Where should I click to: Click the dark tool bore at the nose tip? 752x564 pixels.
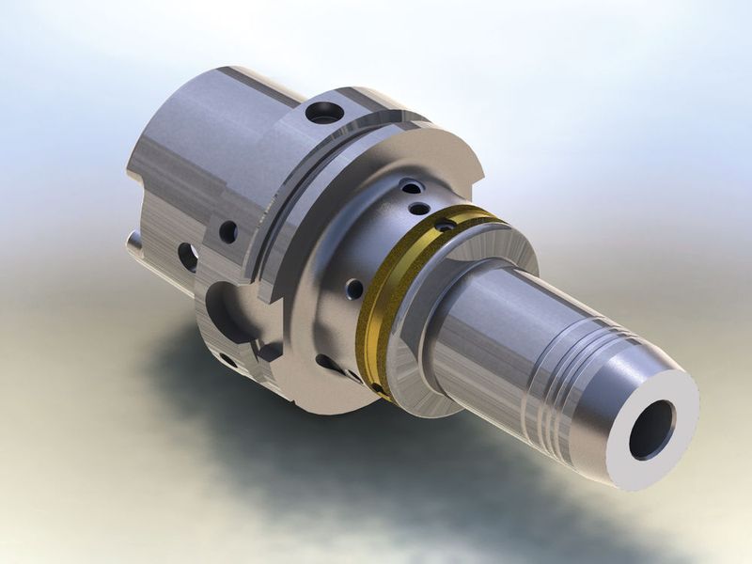651,430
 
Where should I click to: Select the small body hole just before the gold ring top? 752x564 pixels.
420,208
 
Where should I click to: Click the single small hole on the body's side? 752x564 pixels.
353,289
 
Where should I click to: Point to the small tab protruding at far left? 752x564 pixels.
135,247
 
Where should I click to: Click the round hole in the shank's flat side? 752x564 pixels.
188,256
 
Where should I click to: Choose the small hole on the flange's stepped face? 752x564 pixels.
227,231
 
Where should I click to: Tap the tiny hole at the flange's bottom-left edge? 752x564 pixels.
227,360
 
